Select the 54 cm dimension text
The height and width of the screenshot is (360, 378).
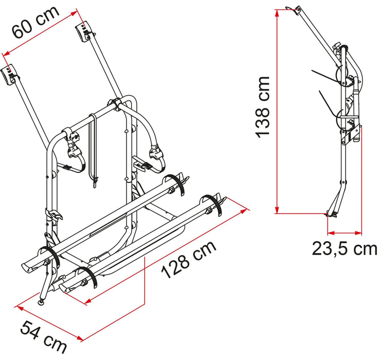tap(43, 336)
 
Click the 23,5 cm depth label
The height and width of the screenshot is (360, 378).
tap(343, 248)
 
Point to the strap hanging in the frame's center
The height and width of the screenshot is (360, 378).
tap(94, 149)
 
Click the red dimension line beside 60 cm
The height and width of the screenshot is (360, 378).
tap(41, 30)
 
